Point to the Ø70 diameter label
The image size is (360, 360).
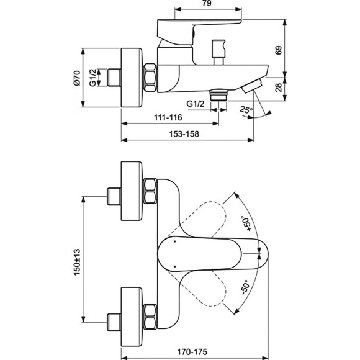(77, 78)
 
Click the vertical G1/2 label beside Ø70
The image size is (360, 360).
(93, 78)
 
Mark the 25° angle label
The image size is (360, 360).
(247, 110)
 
